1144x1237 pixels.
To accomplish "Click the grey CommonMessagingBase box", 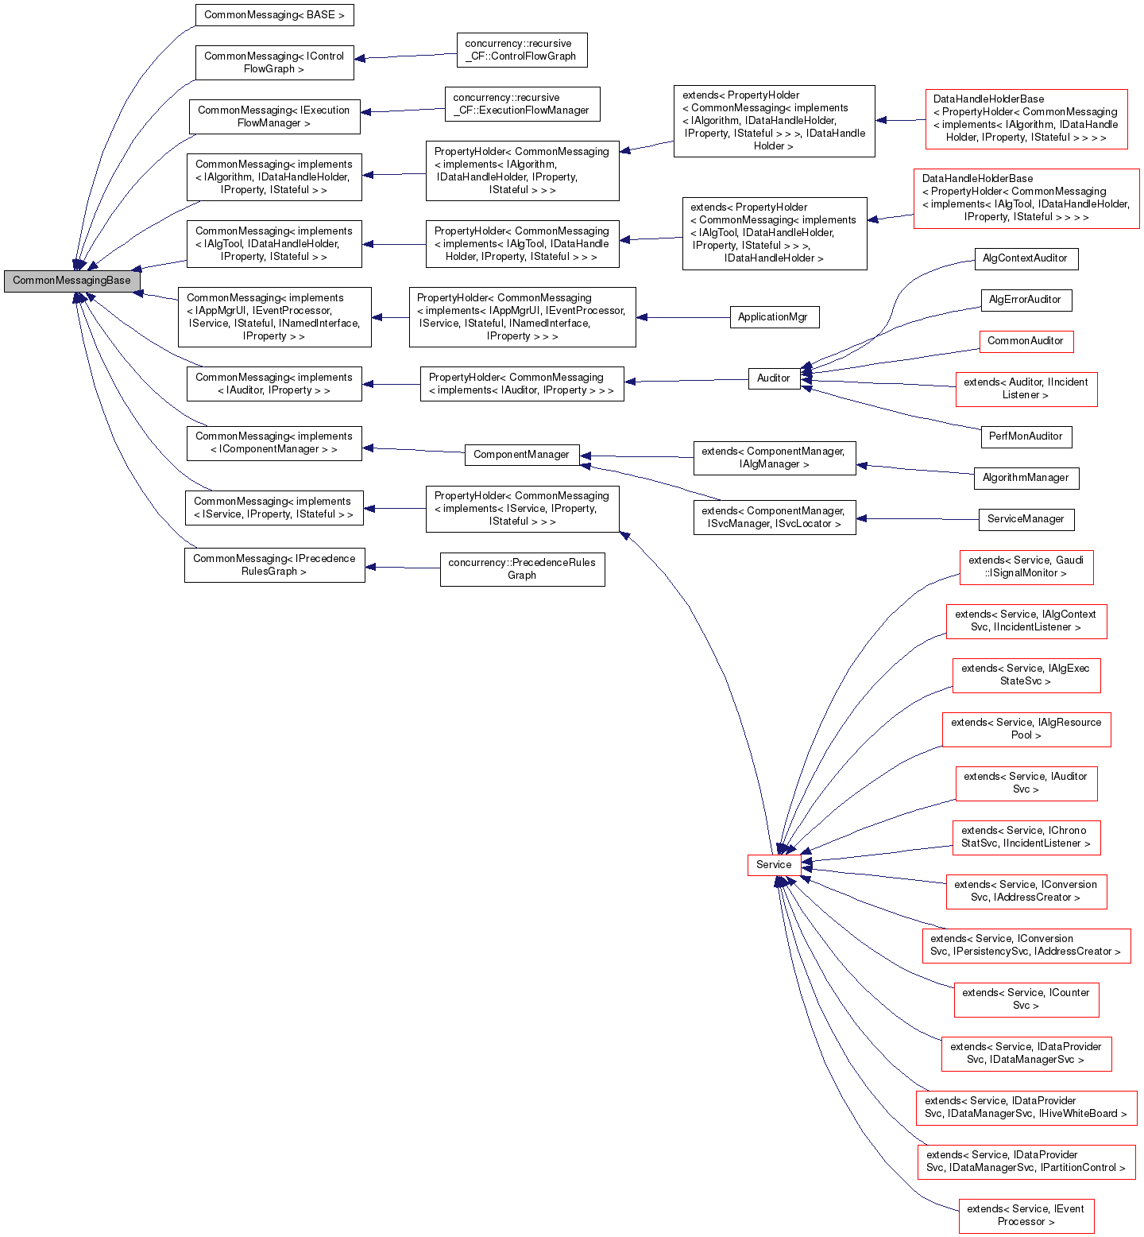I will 71,281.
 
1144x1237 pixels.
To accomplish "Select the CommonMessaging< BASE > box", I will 274,15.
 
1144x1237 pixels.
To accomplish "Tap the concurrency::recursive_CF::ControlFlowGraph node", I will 521,50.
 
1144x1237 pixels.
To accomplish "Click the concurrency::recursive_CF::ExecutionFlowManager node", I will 522,104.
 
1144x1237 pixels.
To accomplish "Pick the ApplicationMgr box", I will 773,317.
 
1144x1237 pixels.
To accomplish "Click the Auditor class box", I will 773,378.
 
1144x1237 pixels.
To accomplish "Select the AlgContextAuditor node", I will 1025,258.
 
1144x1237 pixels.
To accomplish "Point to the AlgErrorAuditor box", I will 1025,300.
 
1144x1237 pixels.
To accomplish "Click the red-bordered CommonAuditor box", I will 1025,341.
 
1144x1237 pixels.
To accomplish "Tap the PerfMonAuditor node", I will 1025,436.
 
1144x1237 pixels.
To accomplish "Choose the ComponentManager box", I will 521,455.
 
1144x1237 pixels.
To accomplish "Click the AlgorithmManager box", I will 1025,478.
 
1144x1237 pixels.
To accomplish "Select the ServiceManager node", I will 1025,519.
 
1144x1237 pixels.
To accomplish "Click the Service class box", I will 773,865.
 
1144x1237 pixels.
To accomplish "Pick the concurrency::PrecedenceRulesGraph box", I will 522,569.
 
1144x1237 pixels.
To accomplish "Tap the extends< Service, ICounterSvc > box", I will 1026,999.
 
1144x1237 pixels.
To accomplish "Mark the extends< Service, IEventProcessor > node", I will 1026,1216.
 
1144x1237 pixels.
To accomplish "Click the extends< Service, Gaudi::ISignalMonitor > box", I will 1026,567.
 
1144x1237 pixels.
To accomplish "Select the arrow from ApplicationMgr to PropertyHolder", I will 682,317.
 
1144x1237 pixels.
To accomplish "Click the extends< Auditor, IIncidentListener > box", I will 1026,389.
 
